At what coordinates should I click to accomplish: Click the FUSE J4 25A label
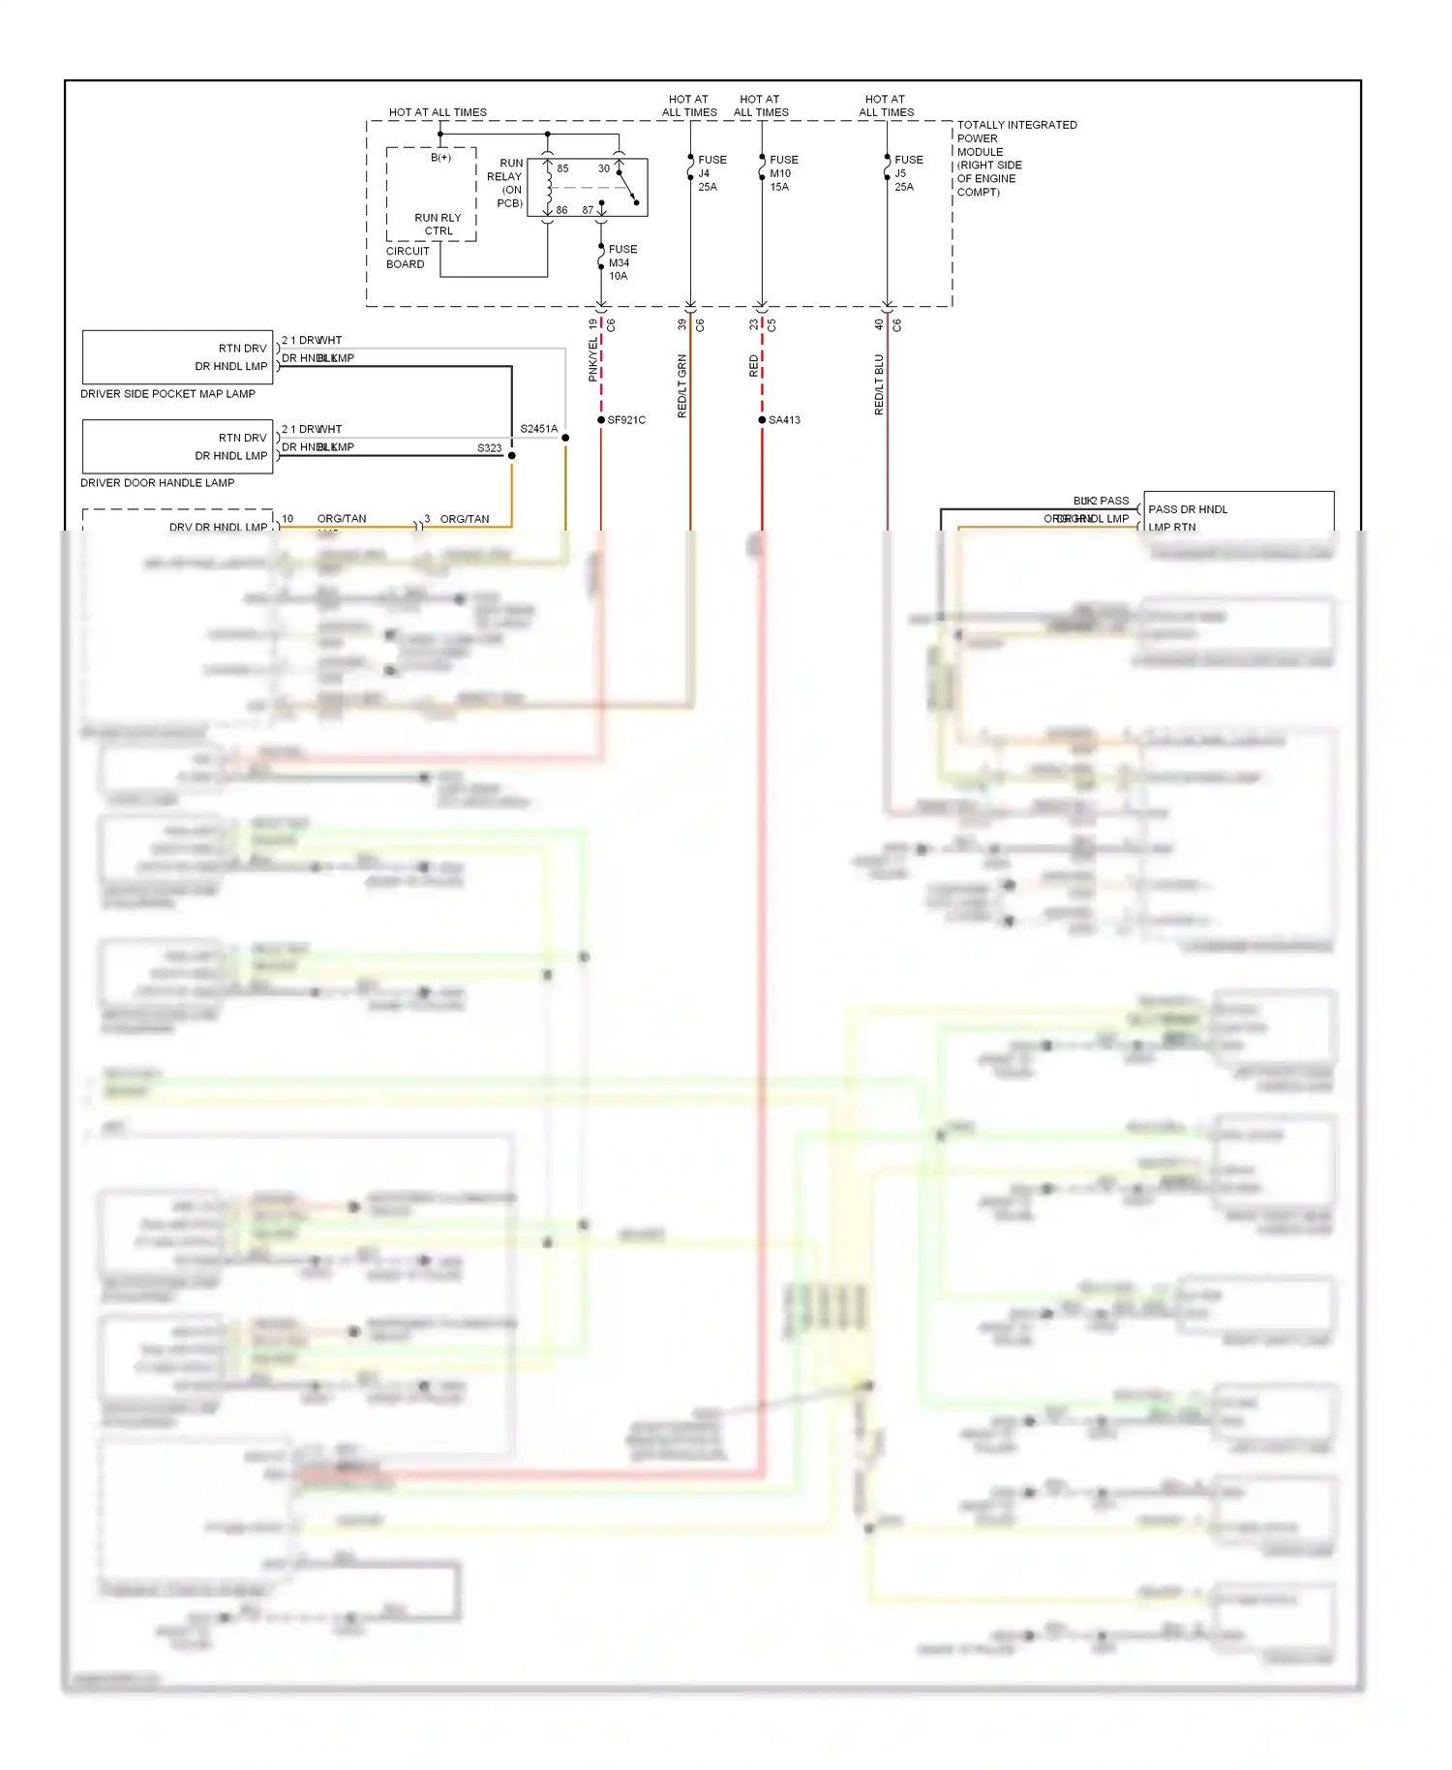click(711, 173)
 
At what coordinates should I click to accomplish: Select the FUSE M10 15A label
click(783, 173)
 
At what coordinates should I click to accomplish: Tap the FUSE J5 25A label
click(908, 173)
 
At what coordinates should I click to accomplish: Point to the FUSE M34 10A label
click(621, 262)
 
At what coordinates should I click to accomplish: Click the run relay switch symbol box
click(588, 188)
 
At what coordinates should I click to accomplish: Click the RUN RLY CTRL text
click(438, 225)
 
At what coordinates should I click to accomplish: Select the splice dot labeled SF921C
click(601, 420)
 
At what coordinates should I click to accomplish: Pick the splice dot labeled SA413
click(762, 420)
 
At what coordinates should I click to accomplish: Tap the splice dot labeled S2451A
click(565, 438)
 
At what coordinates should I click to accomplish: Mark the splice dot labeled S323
click(511, 455)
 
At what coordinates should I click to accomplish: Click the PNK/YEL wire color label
click(593, 360)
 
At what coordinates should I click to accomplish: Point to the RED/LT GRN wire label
click(681, 386)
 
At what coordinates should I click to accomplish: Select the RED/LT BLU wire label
click(879, 384)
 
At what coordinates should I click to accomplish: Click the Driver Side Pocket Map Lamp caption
click(167, 394)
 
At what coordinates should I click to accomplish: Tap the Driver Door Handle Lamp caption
click(157, 483)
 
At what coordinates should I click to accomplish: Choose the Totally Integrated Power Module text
click(1015, 158)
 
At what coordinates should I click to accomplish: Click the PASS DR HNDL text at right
click(1188, 509)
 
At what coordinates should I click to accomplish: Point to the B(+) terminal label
click(440, 158)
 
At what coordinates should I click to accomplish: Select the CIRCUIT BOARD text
click(407, 258)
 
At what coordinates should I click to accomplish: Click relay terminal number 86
click(561, 210)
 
